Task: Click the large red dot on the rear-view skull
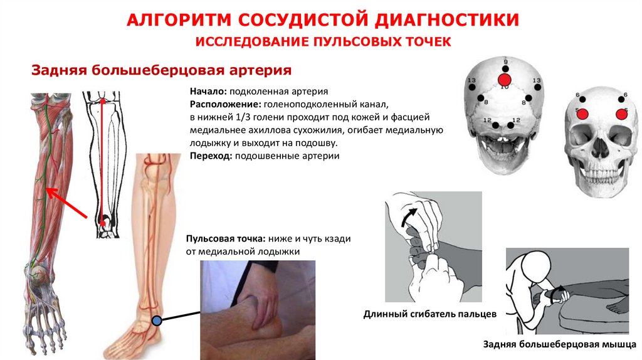[x=504, y=80]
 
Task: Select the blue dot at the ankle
[x=157, y=320]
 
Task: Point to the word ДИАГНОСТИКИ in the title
[x=446, y=19]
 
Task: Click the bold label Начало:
[x=207, y=91]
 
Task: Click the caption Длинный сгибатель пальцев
[x=430, y=313]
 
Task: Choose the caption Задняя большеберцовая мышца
[x=560, y=344]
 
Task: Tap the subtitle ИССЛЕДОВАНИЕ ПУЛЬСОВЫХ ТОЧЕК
[x=324, y=42]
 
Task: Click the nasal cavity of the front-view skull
[x=601, y=146]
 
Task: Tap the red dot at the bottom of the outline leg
[x=102, y=222]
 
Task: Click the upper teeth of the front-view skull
[x=601, y=168]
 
